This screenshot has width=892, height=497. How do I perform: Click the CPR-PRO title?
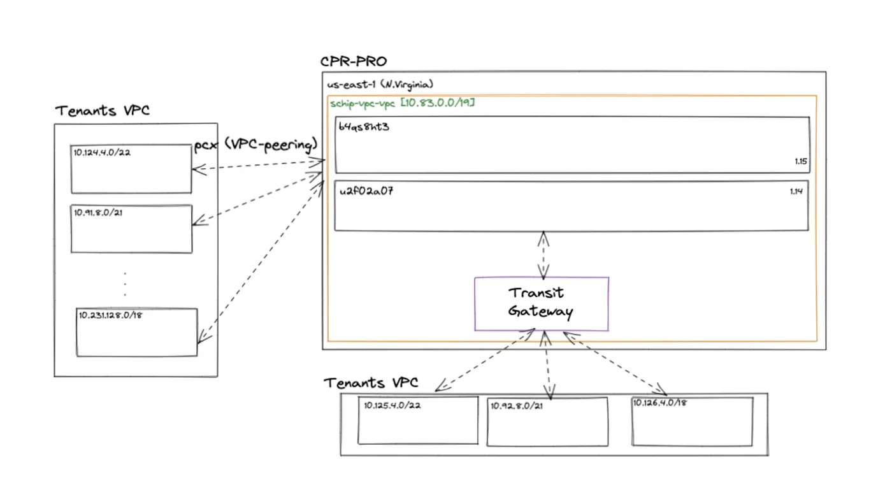(x=353, y=62)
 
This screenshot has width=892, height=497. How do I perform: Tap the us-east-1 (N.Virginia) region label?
(x=380, y=84)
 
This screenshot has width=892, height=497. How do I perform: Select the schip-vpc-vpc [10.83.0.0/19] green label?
(x=402, y=103)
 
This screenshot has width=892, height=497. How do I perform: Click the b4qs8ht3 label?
(x=364, y=127)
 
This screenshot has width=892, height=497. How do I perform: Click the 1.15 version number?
(x=801, y=162)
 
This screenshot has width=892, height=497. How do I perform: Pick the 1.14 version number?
(x=796, y=191)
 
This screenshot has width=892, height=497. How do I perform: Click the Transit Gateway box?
(x=541, y=303)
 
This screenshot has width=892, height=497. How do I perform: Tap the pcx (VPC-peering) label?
(x=255, y=145)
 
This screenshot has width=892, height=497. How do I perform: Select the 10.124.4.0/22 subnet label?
(x=102, y=152)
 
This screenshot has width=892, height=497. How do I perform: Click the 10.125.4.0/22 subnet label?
(x=392, y=405)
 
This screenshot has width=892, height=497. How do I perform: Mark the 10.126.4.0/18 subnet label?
(x=659, y=403)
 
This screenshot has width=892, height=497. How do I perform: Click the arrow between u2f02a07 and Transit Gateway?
(x=543, y=255)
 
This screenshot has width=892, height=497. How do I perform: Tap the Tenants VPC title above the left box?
(x=103, y=111)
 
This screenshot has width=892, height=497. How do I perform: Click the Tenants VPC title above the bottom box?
(x=371, y=383)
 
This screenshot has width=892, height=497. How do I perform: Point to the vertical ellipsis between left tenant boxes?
(x=125, y=284)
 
